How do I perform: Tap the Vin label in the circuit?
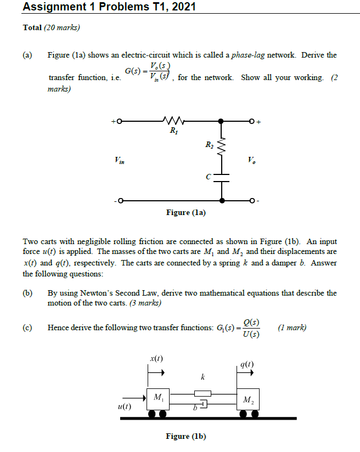point(120,161)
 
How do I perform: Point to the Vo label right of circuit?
point(251,161)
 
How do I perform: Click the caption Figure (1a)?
point(185,213)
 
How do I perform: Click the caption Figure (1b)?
point(185,436)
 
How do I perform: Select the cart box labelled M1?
point(159,398)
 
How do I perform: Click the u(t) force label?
point(125,406)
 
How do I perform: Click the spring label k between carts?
point(203,377)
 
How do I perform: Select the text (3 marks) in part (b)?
point(144,303)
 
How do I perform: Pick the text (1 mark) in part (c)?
point(292,328)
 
